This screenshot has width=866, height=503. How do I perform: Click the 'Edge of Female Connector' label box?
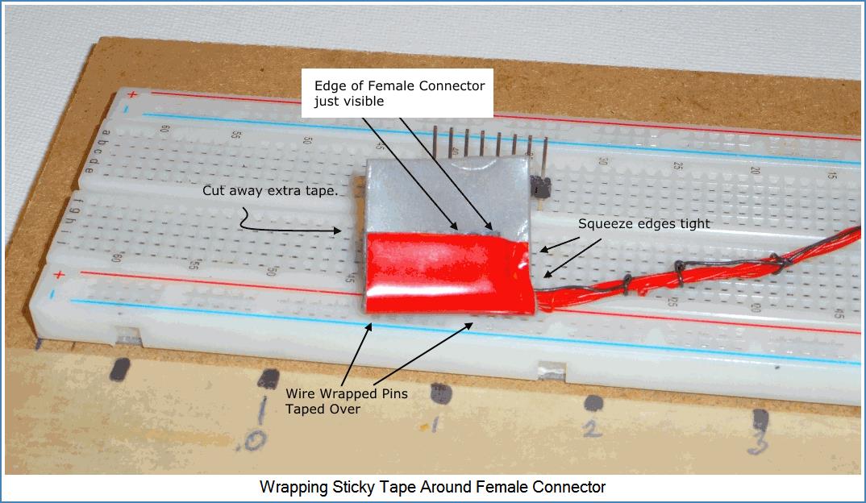coord(399,94)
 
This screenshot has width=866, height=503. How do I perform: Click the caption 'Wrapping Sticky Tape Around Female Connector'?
coord(432,487)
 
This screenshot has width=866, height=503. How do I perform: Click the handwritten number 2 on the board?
coord(593,428)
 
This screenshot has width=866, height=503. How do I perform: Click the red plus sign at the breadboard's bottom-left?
coord(58,276)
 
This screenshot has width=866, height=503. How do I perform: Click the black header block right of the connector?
coord(540,188)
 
